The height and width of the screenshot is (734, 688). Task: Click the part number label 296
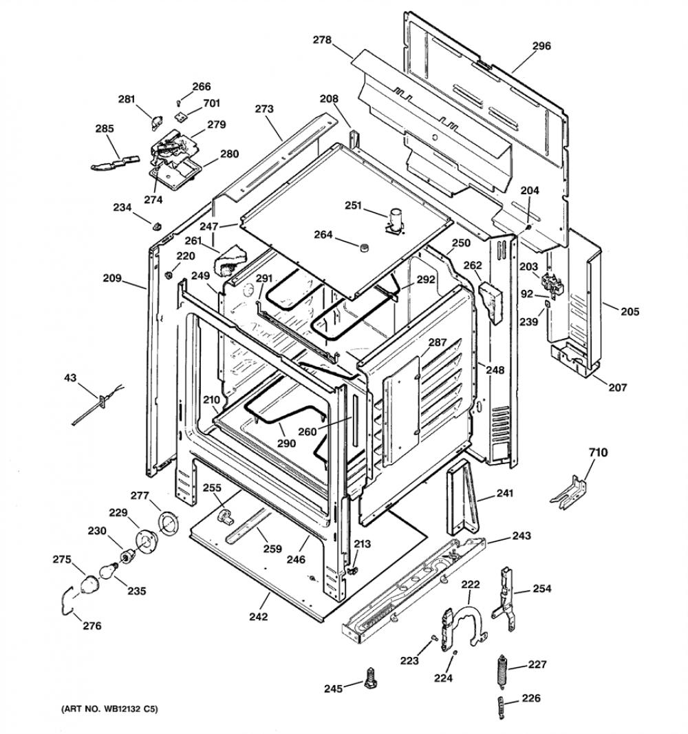tap(541, 46)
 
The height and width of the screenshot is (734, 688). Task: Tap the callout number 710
tap(599, 452)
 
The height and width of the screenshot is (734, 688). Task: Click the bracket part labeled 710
tap(568, 492)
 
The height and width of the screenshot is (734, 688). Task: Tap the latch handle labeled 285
tap(115, 162)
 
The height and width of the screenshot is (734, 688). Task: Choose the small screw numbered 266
tap(178, 103)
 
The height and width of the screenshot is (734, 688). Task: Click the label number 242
tap(258, 616)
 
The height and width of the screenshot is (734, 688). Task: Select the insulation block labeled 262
tap(490, 303)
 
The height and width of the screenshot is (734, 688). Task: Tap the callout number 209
tap(112, 278)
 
